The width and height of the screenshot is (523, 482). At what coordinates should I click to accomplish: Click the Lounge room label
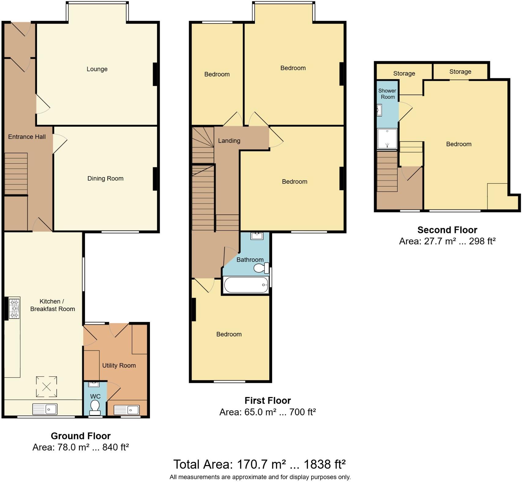[x=97, y=69]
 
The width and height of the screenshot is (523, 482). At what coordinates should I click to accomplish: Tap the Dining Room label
[x=105, y=179]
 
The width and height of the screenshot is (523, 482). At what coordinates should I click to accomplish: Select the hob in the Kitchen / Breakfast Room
[x=14, y=308]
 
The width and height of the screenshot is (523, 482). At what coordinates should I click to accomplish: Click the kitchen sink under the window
[x=45, y=409]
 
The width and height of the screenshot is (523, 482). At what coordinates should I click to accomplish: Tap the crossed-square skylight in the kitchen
[x=47, y=387]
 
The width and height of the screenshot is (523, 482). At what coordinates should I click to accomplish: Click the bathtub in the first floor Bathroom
[x=246, y=285]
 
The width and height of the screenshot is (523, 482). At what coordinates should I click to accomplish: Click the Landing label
[x=229, y=141]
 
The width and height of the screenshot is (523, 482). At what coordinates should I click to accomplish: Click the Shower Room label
[x=387, y=94]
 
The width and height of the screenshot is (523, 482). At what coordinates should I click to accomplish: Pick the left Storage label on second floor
[x=404, y=73]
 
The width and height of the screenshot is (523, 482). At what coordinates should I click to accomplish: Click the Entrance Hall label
[x=27, y=137]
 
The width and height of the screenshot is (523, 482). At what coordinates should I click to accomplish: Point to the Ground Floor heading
[x=80, y=436]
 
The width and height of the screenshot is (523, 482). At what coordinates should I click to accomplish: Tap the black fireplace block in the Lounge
[x=155, y=74]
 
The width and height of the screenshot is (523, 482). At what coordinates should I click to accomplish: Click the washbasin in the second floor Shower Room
[x=379, y=110]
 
